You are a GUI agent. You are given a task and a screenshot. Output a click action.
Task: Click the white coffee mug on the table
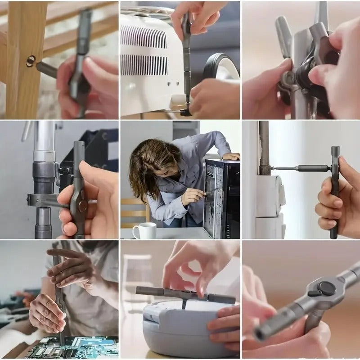(x=144, y=230)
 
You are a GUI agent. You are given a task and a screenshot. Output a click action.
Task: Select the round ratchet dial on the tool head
(x=325, y=288)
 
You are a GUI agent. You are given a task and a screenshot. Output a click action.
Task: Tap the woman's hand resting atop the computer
(x=230, y=156)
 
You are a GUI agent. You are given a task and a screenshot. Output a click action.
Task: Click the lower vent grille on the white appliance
(x=144, y=65)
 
